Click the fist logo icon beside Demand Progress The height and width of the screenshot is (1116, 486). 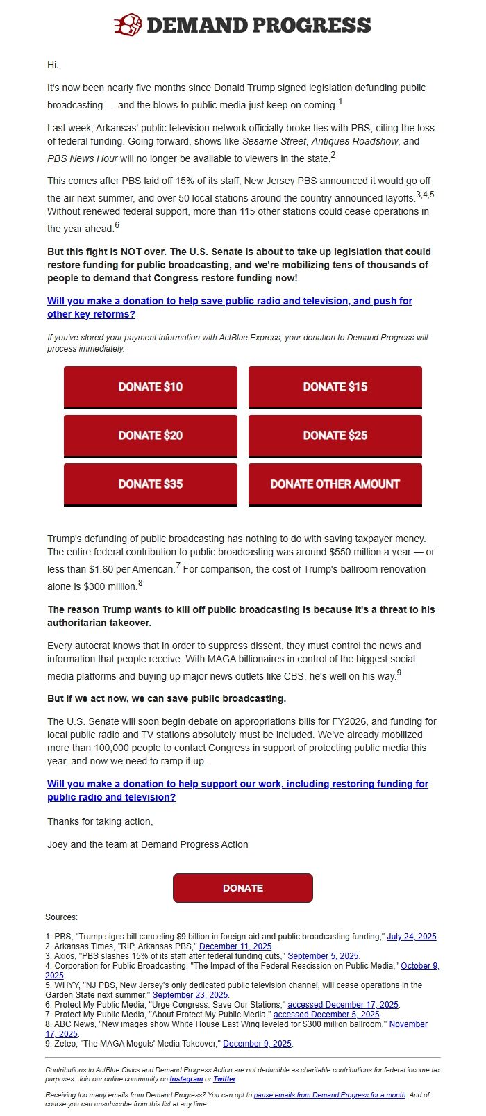pos(128,25)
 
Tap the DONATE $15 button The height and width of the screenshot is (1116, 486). pos(335,387)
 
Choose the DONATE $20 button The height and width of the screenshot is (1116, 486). pos(151,436)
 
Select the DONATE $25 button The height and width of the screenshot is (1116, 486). pos(335,436)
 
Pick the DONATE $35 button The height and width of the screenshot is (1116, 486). pos(151,484)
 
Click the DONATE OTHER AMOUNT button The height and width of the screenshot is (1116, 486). pos(335,484)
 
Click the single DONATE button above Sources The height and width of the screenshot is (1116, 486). pos(242,888)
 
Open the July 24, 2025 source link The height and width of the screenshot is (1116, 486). pos(412,937)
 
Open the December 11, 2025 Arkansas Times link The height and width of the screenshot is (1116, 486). pos(235,946)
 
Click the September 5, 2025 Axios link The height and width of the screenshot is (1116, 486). pos(323,956)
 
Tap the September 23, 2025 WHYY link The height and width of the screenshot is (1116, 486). pos(190,995)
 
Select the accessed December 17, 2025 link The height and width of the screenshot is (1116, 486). pos(344,1005)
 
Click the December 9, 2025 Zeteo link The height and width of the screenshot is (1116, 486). pos(257,1044)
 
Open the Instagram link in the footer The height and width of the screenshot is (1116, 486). pos(186,1079)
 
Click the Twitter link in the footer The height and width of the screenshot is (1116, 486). pos(224,1079)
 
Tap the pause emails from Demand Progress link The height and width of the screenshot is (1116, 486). pos(329,1095)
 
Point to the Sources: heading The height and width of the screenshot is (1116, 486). pos(61,917)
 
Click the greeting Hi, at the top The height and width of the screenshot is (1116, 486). pos(53,65)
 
